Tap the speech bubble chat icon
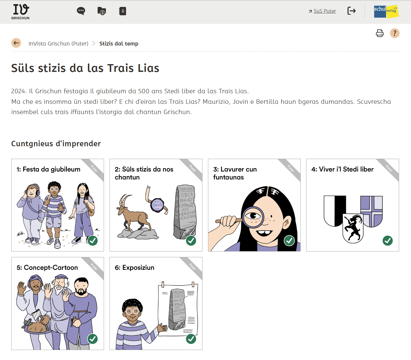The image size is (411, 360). (81, 11)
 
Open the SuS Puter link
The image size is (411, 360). (322, 11)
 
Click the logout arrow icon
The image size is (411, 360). (352, 11)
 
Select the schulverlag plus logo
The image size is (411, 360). (386, 11)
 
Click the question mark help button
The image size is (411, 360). (395, 33)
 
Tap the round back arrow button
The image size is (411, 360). (16, 43)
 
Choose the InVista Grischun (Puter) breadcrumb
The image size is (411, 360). (59, 44)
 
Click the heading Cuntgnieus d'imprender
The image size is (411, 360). (56, 144)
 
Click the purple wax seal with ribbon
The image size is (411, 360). (157, 205)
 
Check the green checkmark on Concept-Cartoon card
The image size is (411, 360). (93, 339)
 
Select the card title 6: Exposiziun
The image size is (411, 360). (135, 268)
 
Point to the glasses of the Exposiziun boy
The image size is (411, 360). (132, 311)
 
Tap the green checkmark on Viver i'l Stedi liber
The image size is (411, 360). (387, 241)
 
